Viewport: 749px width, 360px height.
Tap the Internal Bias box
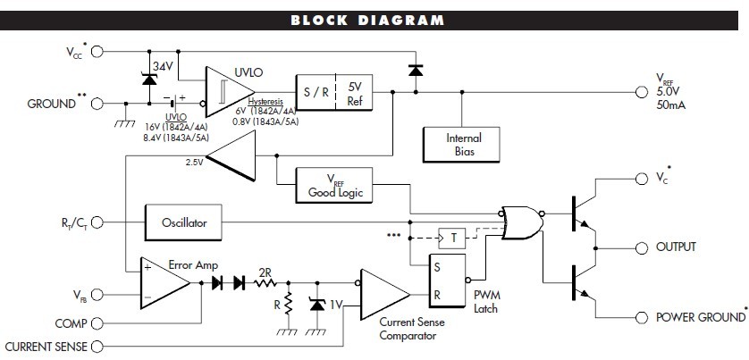coord(462,145)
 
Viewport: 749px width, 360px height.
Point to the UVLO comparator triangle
coord(227,87)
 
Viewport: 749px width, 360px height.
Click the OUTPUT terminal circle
coord(639,247)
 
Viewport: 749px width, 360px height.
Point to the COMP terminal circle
coord(97,323)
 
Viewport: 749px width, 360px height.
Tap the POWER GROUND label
coord(700,317)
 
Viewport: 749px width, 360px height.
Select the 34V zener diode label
coord(162,65)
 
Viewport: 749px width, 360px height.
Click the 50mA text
coord(671,105)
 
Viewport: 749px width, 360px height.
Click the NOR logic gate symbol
coord(519,222)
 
